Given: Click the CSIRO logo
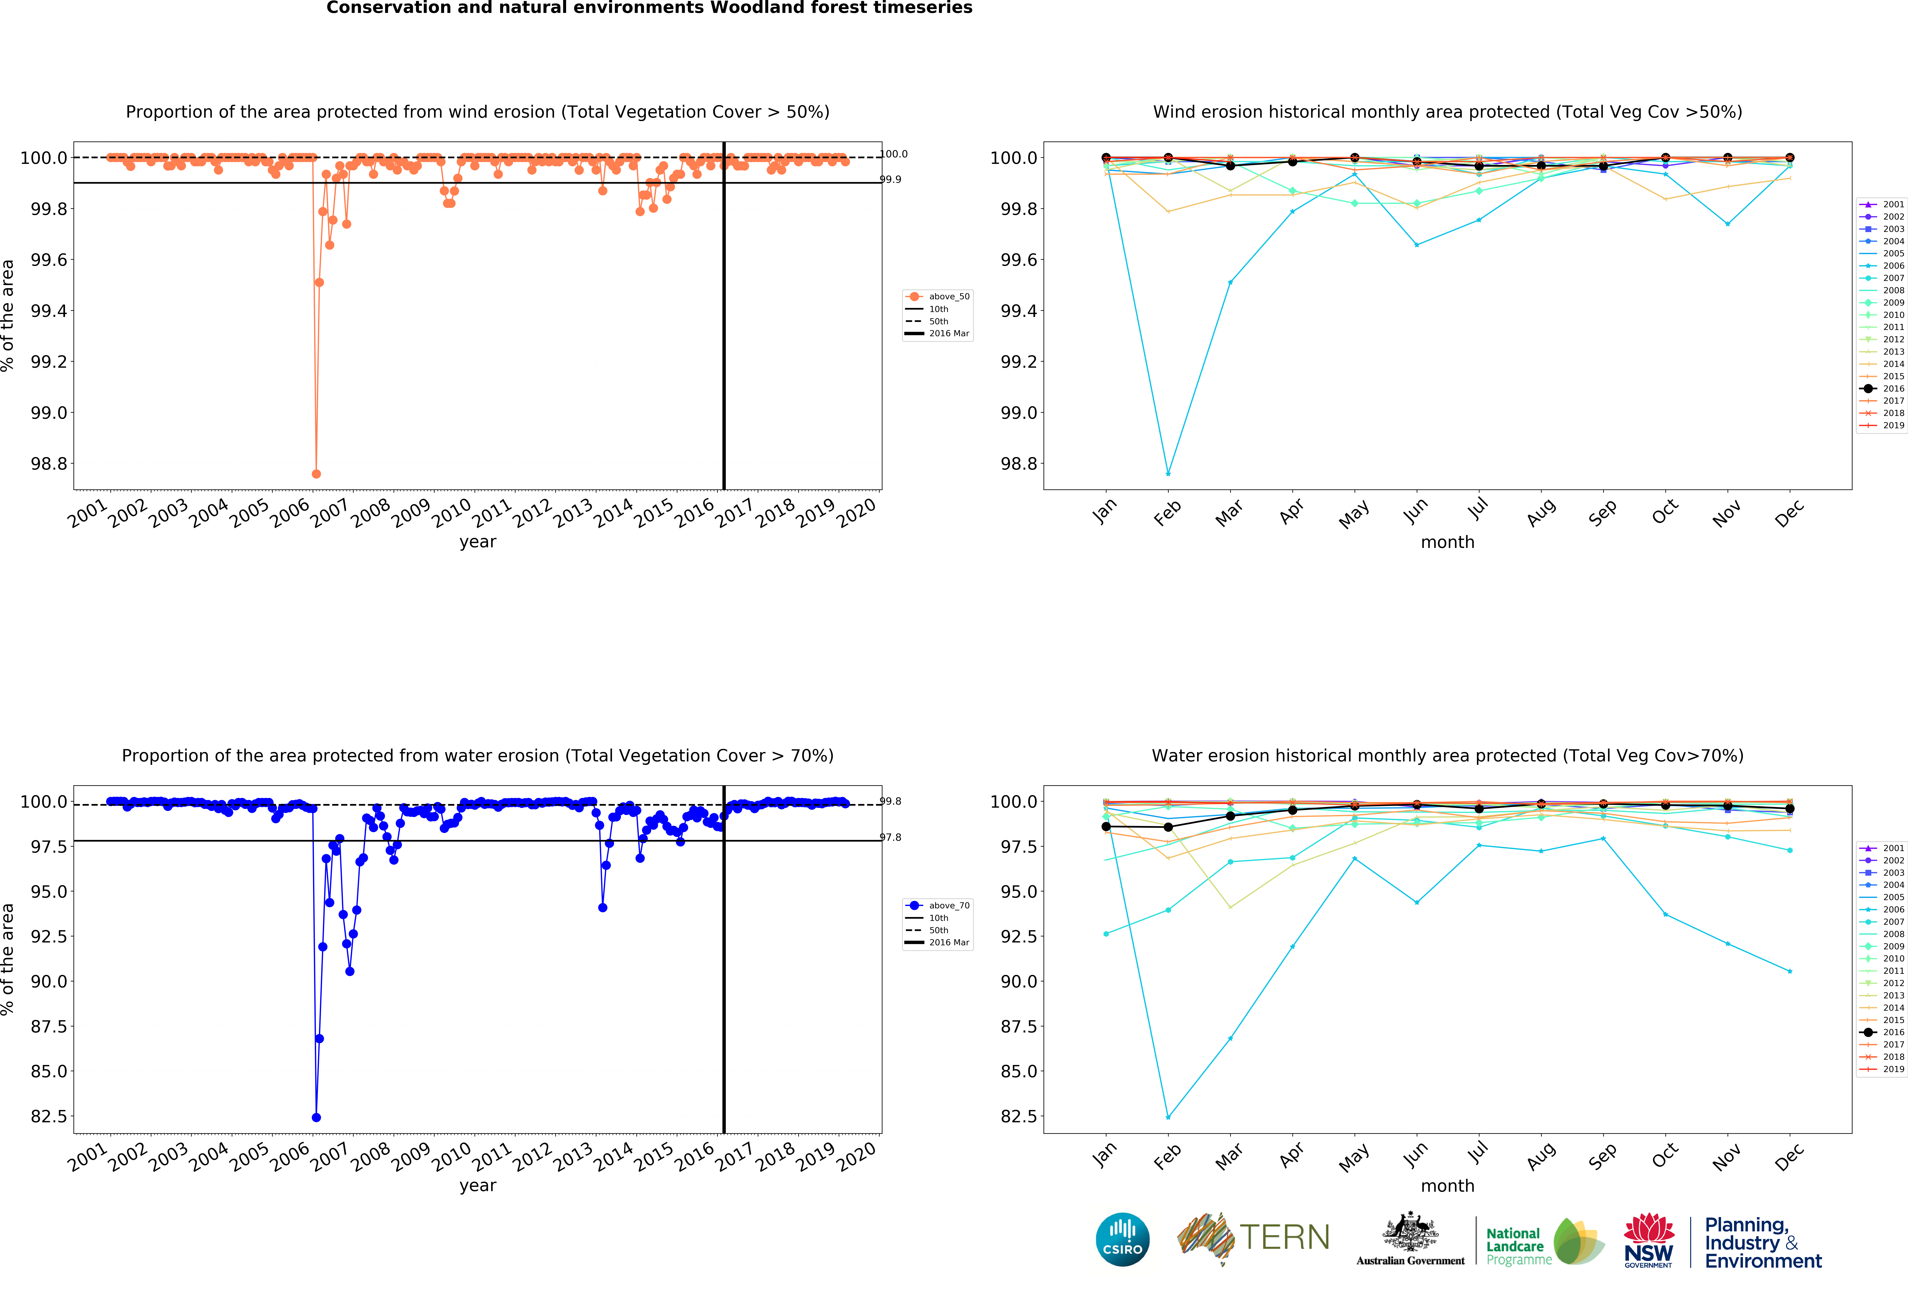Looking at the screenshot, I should (x=1122, y=1239).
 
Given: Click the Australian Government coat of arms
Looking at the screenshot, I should (x=1410, y=1231).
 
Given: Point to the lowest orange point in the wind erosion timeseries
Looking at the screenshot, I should (x=316, y=474).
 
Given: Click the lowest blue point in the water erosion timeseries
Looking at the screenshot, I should (x=316, y=1117).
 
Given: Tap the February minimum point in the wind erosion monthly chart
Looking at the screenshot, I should (x=1168, y=474).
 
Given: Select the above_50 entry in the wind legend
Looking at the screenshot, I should (x=948, y=296).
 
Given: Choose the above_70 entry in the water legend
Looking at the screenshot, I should (x=948, y=906).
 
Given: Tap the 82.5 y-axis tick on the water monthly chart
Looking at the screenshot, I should (x=1018, y=1117).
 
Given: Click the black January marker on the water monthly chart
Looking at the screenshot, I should (x=1106, y=827).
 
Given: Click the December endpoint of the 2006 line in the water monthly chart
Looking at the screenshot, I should (x=1790, y=971).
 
